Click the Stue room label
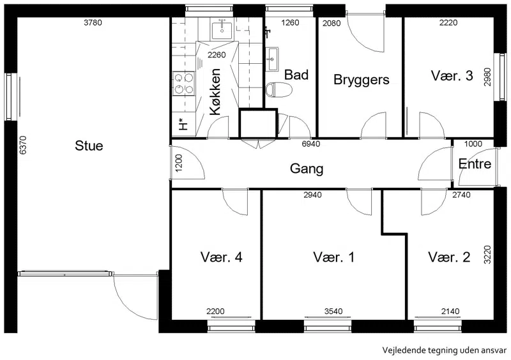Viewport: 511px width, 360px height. click(x=89, y=146)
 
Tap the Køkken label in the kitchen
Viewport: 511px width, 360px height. click(x=215, y=92)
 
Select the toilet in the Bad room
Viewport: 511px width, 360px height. click(x=278, y=90)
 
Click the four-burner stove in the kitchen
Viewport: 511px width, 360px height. click(x=183, y=84)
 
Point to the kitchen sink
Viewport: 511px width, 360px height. click(x=222, y=30)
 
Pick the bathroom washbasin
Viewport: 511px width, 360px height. click(x=272, y=59)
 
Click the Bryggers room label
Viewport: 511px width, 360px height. click(x=361, y=80)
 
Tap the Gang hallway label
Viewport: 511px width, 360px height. click(x=307, y=169)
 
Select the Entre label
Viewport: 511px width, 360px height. click(x=475, y=163)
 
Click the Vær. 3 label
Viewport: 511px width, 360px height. click(x=452, y=75)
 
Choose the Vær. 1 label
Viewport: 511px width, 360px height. click(x=333, y=257)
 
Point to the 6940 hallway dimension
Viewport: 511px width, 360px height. click(x=311, y=144)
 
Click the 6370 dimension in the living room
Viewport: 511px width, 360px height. click(x=23, y=145)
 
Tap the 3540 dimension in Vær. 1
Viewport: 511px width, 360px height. click(x=333, y=311)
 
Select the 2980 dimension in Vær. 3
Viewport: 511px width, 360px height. click(x=487, y=77)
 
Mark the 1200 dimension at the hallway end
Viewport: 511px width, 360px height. click(x=179, y=163)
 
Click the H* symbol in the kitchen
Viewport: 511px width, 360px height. click(x=183, y=124)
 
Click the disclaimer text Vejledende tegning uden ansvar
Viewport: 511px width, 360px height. click(x=444, y=350)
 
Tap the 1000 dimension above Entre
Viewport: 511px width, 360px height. click(x=473, y=144)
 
